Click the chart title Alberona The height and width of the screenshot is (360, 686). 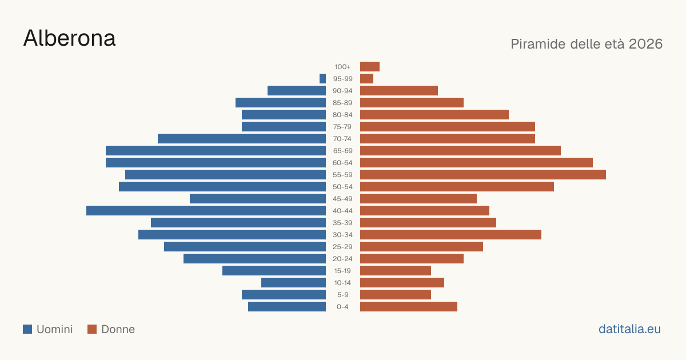(69, 38)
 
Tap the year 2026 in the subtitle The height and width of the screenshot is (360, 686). (645, 44)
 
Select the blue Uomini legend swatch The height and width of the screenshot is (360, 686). (27, 329)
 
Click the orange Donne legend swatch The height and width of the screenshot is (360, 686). (92, 329)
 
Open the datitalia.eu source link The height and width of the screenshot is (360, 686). (629, 329)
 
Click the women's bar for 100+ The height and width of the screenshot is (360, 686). (370, 66)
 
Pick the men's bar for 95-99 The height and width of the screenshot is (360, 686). (322, 78)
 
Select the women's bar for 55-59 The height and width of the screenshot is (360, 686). (483, 174)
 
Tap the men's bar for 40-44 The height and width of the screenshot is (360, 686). (206, 211)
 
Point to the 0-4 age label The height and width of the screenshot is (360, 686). (342, 307)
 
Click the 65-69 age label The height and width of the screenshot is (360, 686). (342, 151)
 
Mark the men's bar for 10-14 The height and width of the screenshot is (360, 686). (293, 282)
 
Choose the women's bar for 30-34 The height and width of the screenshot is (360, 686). (450, 234)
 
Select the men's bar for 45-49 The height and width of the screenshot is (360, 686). (258, 199)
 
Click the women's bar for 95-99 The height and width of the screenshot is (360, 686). (366, 78)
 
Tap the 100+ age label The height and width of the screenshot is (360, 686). (342, 67)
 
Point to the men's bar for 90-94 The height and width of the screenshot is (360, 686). (297, 91)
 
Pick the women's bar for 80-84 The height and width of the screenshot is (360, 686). (434, 114)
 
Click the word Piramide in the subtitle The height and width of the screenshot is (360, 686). (538, 44)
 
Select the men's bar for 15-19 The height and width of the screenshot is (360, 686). (274, 271)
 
